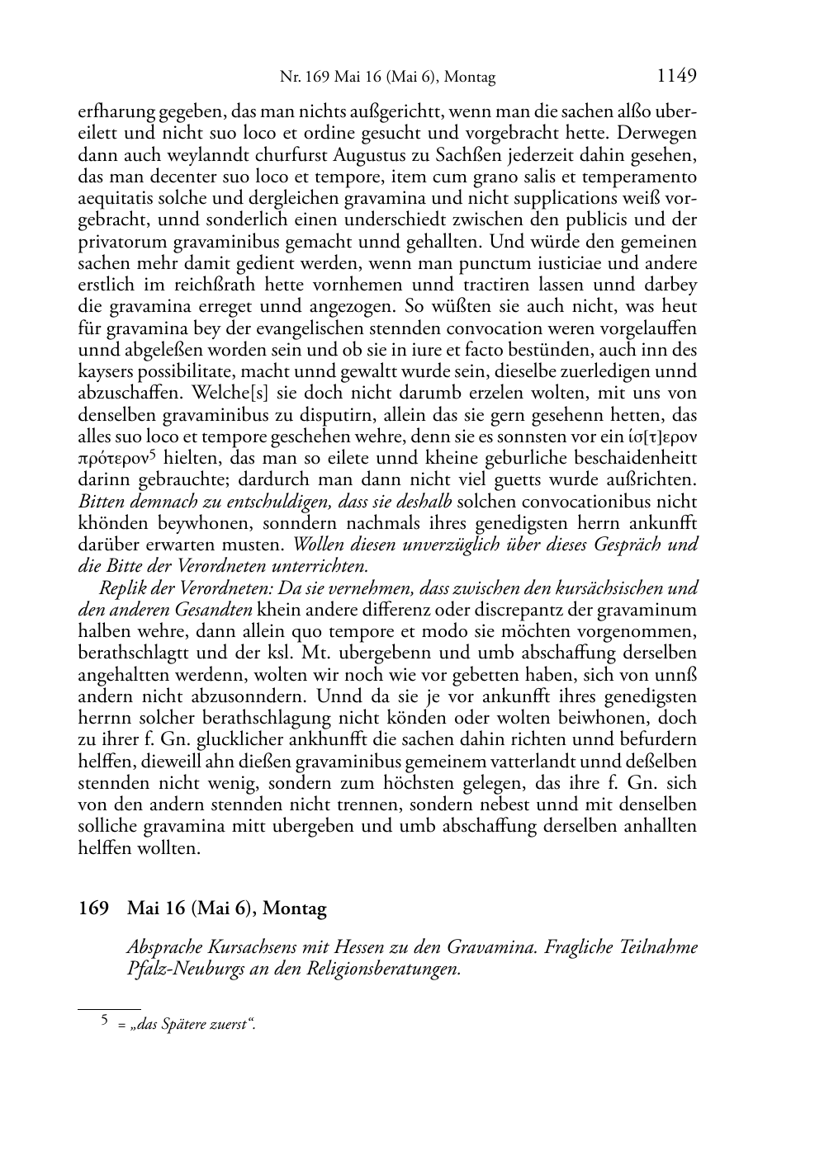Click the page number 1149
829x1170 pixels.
coord(676,77)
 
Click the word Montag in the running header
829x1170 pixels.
coord(471,78)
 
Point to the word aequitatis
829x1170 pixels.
coord(117,198)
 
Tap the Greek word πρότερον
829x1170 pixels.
coord(111,458)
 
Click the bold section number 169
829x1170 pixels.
coord(94,908)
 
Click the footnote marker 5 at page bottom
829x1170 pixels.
coord(104,1020)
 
